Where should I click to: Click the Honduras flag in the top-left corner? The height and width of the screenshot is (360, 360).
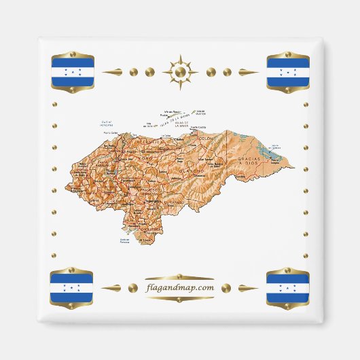(73, 71)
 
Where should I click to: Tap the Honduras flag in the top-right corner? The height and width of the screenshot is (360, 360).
(287, 71)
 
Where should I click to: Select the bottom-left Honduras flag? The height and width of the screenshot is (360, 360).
(73, 287)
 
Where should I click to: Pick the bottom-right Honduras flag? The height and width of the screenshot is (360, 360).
(287, 287)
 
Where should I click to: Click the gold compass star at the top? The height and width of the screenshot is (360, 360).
(180, 71)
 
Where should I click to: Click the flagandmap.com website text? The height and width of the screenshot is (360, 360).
(180, 287)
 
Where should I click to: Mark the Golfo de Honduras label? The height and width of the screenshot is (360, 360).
(106, 124)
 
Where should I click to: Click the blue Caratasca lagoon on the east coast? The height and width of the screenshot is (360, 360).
(274, 145)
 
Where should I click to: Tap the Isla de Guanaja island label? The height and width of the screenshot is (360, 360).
(202, 111)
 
